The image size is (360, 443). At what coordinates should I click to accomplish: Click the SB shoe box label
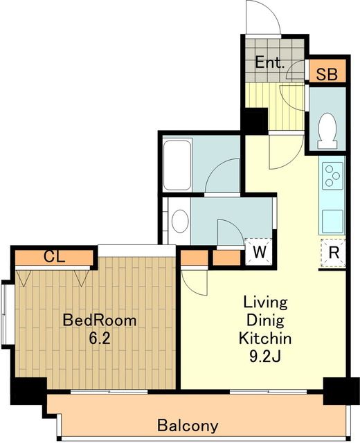327,74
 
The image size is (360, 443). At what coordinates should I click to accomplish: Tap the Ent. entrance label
270,62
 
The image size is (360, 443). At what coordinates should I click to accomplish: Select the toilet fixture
327,131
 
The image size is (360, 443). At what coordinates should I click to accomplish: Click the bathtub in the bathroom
177,165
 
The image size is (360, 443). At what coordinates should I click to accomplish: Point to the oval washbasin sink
180,221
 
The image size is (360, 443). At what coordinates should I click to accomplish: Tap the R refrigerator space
334,253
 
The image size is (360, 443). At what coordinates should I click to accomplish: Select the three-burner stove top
332,176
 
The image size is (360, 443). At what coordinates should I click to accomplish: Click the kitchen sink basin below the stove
333,221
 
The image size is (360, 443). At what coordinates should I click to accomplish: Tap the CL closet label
54,257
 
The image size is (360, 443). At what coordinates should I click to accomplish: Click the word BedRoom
100,320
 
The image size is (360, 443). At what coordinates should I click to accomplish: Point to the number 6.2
100,338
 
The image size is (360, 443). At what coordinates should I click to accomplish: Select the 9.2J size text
264,356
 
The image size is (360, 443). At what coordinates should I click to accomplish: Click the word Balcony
188,426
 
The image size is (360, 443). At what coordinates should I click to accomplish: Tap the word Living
265,302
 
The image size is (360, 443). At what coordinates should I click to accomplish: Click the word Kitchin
265,338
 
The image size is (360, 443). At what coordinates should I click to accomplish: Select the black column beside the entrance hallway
254,121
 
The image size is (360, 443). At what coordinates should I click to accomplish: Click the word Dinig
265,321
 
